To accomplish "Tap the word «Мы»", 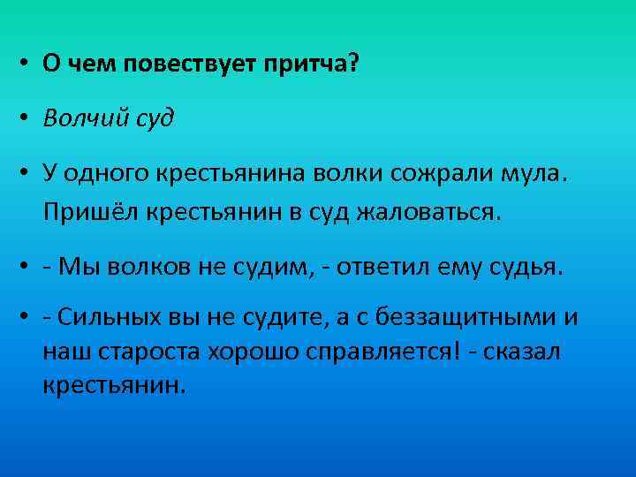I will pyautogui.click(x=75, y=266).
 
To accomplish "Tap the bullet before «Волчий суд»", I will pyautogui.click(x=27, y=118).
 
